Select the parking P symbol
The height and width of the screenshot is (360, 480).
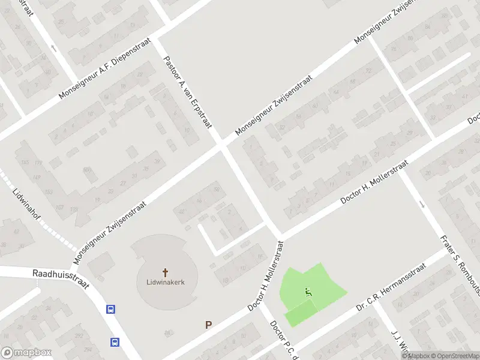[209, 325]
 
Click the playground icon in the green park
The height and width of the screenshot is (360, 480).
[308, 292]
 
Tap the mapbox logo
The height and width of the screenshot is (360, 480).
[26, 353]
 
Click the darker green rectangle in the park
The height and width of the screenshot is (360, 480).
[301, 314]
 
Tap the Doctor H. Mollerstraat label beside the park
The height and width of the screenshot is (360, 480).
[265, 276]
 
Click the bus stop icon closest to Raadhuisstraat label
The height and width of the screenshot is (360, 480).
[110, 310]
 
